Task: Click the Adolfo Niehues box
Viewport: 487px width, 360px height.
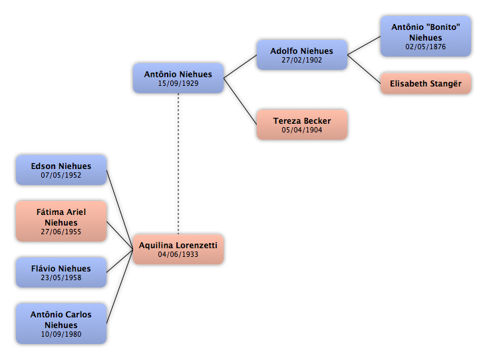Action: click(302, 55)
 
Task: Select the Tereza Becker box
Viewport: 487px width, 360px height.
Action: click(302, 124)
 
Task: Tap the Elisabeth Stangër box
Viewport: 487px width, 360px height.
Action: click(426, 84)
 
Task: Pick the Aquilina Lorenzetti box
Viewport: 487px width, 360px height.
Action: click(178, 250)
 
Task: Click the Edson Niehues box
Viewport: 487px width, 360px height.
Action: click(61, 170)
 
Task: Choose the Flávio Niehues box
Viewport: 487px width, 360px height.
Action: click(61, 272)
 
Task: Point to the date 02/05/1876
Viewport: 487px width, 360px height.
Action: click(426, 47)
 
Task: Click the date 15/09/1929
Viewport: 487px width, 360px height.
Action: click(178, 83)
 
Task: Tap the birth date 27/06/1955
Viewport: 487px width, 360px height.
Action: click(61, 232)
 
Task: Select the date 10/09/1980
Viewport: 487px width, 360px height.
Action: click(61, 334)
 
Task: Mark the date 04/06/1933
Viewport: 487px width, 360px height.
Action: click(178, 254)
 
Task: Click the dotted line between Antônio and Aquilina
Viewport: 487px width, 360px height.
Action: click(178, 164)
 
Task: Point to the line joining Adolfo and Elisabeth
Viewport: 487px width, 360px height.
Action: click(364, 69)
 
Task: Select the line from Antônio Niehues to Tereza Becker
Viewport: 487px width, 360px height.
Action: click(240, 101)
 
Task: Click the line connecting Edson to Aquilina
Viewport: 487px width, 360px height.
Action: click(120, 210)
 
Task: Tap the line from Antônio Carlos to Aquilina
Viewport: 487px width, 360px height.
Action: click(120, 287)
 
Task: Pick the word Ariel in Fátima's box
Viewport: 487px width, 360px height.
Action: click(77, 212)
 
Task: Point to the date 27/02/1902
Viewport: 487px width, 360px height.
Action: click(302, 60)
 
